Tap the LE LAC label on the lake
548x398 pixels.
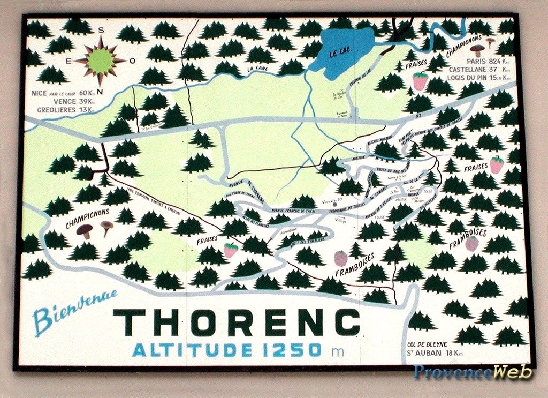click(x=340, y=53)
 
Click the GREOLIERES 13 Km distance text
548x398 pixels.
click(x=65, y=110)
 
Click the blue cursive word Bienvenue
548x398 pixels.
click(x=74, y=312)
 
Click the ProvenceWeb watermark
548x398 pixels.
click(x=473, y=372)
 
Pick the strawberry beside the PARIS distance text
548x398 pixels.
click(x=420, y=81)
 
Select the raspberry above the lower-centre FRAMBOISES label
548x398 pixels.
click(x=340, y=258)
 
